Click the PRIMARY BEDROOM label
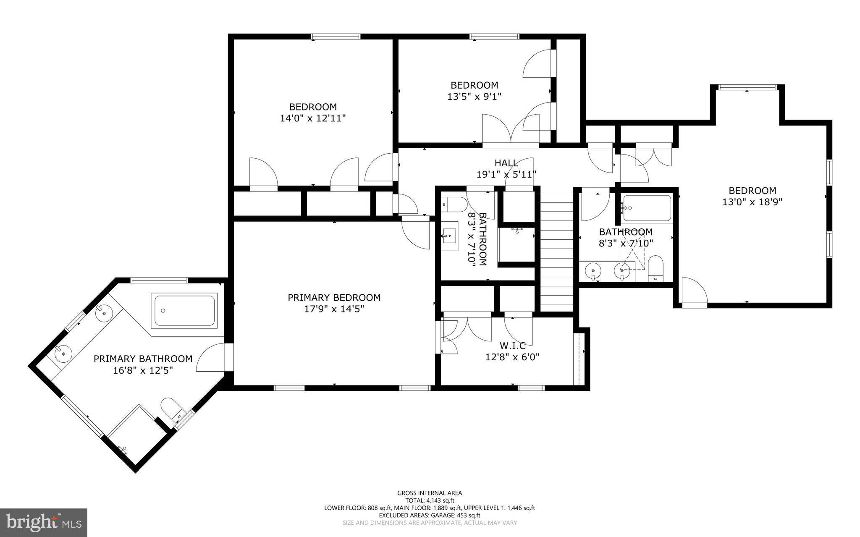pos(334,298)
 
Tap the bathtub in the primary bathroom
pos(184,311)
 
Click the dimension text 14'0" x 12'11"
pos(313,118)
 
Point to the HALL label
pos(506,163)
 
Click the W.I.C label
pos(512,346)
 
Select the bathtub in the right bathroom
pos(647,208)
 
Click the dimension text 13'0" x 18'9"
pos(752,202)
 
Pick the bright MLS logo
pos(44,522)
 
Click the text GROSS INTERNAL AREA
pos(430,493)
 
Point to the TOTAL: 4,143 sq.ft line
pos(430,500)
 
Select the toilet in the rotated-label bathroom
pos(456,204)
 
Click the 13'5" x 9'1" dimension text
pos(475,97)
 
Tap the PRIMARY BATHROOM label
pos(143,359)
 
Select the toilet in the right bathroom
pos(655,269)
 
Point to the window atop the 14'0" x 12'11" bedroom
pos(336,37)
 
